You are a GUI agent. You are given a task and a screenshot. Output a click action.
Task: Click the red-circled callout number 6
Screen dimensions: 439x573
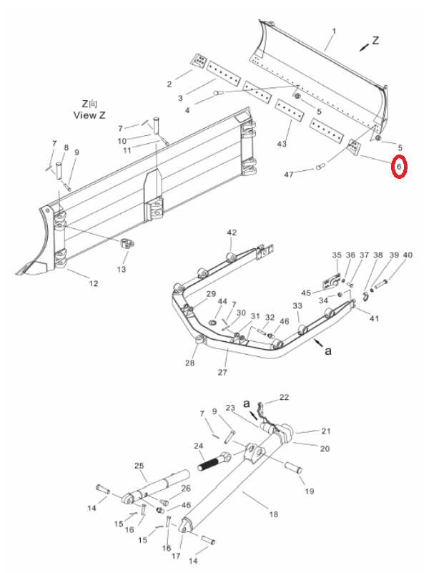399,166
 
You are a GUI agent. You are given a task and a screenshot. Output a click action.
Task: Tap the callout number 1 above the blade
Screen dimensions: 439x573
334,31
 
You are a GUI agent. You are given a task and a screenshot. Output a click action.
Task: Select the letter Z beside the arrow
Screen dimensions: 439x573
376,41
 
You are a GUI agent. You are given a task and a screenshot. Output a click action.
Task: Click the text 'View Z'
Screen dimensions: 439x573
89,115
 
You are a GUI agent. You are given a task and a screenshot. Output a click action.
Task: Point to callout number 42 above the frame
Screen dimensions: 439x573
232,232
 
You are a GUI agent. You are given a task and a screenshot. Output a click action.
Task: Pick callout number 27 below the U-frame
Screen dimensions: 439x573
222,373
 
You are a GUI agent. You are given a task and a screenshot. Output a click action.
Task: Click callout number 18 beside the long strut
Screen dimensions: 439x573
274,514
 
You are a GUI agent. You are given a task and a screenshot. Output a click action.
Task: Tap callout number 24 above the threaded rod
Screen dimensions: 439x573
198,446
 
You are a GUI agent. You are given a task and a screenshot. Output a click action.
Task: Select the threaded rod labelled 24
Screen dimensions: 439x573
214,461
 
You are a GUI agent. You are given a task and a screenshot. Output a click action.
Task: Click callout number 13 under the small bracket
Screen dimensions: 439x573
122,269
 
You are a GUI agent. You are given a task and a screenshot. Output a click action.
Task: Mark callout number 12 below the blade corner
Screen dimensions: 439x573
94,283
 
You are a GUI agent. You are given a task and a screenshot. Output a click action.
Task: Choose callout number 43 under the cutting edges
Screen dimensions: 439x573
282,144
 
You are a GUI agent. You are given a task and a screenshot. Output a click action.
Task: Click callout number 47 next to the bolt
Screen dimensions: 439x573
289,175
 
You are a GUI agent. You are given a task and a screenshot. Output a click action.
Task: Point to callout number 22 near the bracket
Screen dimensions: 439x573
284,397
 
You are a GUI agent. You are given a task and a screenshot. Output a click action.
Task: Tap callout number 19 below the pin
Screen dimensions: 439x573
310,491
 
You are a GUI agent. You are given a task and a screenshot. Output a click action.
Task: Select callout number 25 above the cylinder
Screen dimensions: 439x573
139,466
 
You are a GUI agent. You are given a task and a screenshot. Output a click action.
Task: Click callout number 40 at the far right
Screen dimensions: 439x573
408,255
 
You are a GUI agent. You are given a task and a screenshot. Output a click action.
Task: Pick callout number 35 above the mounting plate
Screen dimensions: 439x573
337,255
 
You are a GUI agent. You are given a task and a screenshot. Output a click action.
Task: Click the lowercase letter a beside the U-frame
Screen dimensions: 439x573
328,351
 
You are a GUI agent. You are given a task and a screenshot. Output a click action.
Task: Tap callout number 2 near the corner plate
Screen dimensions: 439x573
169,84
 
